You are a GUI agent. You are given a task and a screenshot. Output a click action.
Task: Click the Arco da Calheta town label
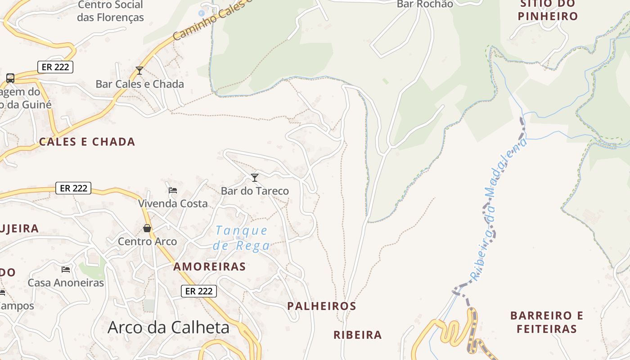point(168,328)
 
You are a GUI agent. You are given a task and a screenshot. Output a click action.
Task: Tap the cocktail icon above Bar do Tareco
point(255,178)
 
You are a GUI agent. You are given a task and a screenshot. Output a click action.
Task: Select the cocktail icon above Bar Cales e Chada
point(139,71)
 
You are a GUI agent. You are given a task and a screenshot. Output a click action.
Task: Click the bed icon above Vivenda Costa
point(172,190)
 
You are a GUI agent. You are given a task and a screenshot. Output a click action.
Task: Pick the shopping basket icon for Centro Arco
point(147,228)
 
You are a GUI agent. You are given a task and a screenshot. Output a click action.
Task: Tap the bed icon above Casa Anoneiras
point(66,270)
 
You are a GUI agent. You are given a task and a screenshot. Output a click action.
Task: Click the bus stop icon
point(10,78)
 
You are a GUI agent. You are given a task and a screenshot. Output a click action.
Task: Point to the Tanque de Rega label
point(242,238)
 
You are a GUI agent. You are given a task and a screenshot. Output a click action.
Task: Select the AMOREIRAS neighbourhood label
point(210,266)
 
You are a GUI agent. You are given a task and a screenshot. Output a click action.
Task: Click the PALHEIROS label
point(322,306)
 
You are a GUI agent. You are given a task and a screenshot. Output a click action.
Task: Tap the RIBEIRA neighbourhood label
point(357,335)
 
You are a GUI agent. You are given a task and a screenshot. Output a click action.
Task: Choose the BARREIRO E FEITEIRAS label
point(547,322)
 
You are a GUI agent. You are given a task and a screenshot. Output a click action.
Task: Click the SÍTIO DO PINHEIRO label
point(548,10)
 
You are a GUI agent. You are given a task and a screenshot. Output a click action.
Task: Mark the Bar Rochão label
point(425,4)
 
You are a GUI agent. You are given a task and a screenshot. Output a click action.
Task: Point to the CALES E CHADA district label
point(87,142)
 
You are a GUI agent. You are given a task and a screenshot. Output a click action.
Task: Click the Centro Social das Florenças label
point(110,11)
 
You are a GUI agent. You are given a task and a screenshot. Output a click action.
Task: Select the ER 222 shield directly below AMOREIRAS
point(199,291)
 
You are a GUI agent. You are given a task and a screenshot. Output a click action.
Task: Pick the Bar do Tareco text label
point(255,191)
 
